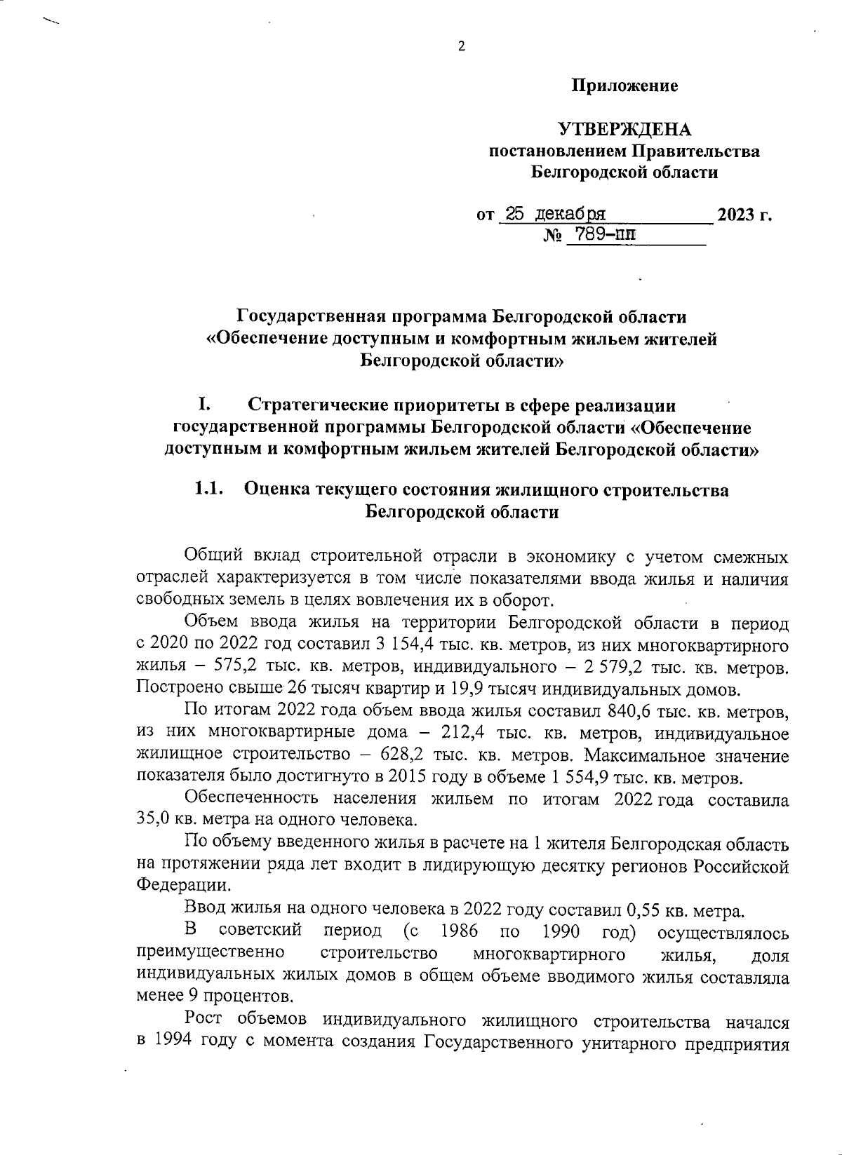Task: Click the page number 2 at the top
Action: tap(461, 48)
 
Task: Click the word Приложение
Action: tap(624, 86)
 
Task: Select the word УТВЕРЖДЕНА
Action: tap(624, 130)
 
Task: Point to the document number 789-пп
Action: tap(601, 234)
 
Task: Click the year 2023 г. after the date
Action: tap(744, 215)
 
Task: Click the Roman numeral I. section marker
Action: tap(205, 405)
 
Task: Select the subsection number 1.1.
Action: tap(208, 489)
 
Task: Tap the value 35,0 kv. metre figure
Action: tap(154, 819)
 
